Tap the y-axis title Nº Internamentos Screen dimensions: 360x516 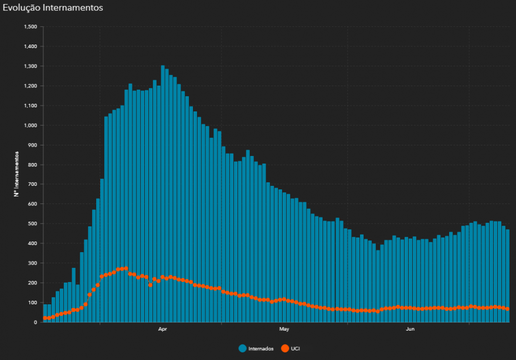(x=18, y=174)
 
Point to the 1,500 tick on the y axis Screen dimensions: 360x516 (x=29, y=27)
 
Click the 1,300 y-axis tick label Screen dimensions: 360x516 (x=29, y=66)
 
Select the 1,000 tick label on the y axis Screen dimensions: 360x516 (x=29, y=125)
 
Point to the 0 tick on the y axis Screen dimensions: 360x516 (x=35, y=322)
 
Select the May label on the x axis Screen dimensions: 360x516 (x=284, y=329)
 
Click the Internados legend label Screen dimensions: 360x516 (x=261, y=349)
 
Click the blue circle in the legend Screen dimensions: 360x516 (x=243, y=349)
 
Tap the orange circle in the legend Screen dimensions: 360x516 (x=285, y=349)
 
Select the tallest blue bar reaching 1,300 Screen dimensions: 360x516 (x=162, y=193)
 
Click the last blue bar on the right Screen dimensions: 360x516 (x=507, y=276)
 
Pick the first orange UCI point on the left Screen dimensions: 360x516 (x=45, y=318)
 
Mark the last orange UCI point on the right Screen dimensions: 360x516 (x=507, y=309)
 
